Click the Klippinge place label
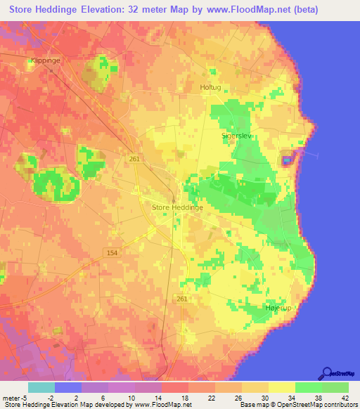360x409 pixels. pos(46,60)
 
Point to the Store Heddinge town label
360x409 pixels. pos(178,208)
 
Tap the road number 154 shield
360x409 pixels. pos(111,252)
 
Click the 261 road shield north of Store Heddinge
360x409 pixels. pos(134,160)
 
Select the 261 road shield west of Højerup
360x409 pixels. pos(183,299)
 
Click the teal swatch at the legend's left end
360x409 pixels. pos(41,387)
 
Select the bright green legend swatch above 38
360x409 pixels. pos(308,387)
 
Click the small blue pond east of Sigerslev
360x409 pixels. pos(287,160)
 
